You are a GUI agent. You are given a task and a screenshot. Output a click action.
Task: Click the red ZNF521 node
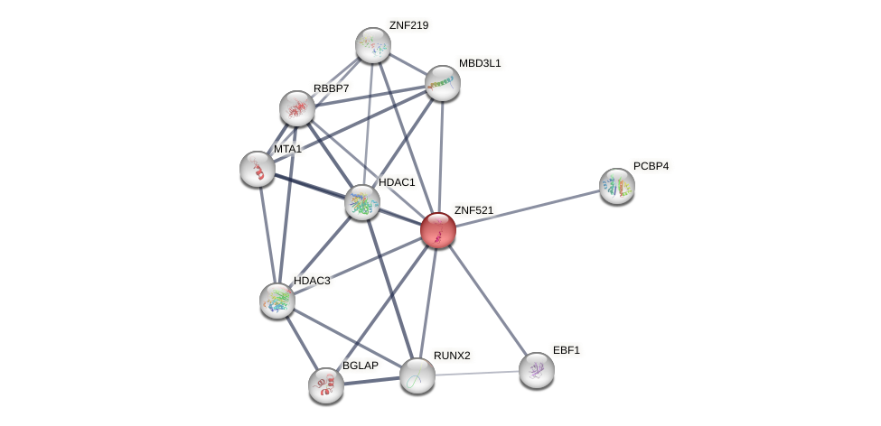coord(438,230)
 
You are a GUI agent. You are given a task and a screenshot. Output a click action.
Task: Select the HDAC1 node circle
coord(362,202)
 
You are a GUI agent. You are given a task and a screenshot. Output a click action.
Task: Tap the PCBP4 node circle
coord(617,186)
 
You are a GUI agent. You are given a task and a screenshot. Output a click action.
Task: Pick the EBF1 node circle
coord(537,370)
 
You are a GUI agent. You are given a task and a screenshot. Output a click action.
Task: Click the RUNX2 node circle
coord(417,375)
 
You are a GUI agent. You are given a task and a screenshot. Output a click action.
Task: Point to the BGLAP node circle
coord(326,385)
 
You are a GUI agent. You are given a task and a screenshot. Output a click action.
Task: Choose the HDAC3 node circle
coord(277,301)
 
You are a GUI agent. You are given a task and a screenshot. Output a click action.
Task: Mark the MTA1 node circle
coord(258,169)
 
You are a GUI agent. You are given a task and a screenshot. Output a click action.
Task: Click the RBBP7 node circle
coord(297,108)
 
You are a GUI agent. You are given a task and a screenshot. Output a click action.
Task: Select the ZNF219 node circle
coord(373,45)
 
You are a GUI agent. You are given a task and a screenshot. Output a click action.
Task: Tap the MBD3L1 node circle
coord(443,83)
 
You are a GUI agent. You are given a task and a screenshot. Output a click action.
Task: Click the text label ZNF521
coord(473,210)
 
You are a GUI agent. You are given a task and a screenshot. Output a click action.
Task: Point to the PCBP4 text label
coord(651,166)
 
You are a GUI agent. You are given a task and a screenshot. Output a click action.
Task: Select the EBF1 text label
coord(567,350)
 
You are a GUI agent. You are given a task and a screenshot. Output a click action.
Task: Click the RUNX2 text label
coord(451,356)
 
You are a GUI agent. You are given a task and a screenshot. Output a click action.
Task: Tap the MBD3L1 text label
coord(479,63)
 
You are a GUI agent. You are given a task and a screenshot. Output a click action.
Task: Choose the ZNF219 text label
coord(408,25)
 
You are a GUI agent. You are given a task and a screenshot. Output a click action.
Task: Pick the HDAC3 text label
coord(312,281)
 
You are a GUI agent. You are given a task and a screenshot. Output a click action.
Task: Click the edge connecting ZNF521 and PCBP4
coord(528,208)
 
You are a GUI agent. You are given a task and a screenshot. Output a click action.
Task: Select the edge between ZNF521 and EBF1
coord(488,301)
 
